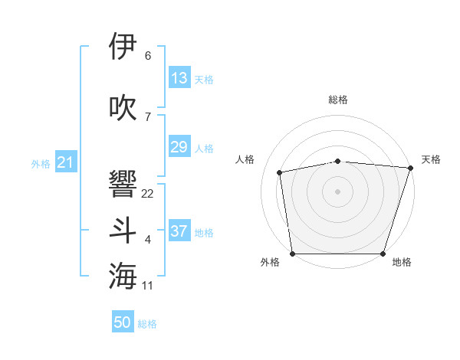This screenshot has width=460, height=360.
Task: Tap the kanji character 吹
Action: coord(123,107)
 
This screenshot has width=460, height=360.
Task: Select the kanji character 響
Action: coord(123,184)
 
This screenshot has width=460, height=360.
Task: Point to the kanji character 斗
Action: coord(123,231)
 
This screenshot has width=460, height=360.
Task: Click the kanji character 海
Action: coord(123,276)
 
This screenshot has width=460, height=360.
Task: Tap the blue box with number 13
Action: coord(179,78)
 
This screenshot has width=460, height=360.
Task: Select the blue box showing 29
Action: coord(179,147)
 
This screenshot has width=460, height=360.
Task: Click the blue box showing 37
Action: coord(179,231)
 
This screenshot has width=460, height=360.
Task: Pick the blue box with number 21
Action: coord(65,162)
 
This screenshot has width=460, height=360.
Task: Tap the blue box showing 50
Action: coord(123,322)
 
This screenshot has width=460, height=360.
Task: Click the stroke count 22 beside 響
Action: coord(147,194)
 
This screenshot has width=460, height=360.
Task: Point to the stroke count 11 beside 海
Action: coord(147,286)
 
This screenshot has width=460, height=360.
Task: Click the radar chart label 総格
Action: coord(338,100)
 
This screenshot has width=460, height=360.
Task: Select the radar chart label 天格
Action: coord(432,159)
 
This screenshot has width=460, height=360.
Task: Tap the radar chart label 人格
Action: coord(245,159)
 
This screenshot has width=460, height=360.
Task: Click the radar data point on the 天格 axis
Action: coord(410,168)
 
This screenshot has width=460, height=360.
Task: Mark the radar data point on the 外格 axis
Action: coord(293,254)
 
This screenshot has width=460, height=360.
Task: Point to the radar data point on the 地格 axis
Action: coord(383,254)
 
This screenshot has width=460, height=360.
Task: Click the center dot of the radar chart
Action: coord(338,191)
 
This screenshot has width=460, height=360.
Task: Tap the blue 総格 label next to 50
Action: coord(147,324)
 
